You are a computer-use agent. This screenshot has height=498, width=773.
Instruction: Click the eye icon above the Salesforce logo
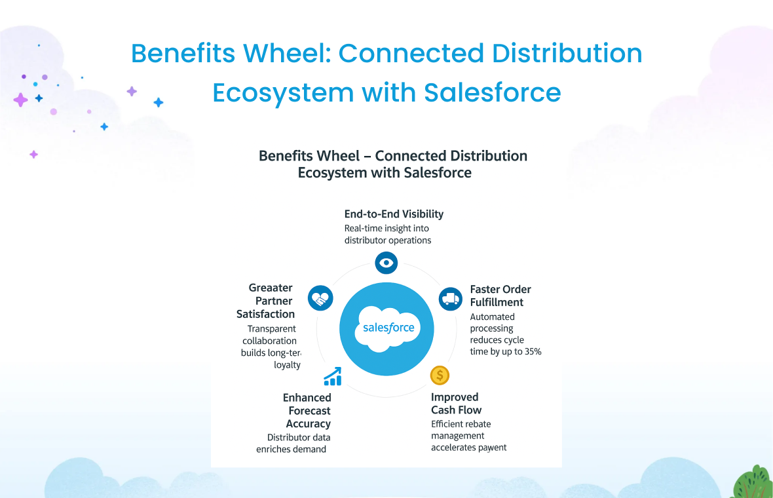(x=387, y=263)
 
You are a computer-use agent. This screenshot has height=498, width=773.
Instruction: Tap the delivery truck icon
(x=450, y=299)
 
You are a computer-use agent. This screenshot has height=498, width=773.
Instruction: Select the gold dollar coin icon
(x=440, y=375)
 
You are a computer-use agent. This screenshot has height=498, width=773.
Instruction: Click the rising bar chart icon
(x=333, y=376)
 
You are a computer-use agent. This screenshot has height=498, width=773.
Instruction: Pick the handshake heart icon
(x=320, y=299)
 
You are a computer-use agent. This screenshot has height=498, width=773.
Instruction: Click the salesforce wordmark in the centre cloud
(x=388, y=327)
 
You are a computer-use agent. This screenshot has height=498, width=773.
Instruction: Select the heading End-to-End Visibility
(x=394, y=214)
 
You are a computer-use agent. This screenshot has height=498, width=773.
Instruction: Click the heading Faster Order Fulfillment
(x=500, y=296)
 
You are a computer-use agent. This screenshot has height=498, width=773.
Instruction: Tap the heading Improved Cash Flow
(x=456, y=404)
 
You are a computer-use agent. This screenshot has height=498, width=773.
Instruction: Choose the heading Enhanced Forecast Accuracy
(x=308, y=411)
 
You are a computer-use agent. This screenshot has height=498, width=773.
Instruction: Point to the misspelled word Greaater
(x=271, y=288)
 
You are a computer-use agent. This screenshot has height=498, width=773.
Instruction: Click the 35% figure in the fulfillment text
(x=532, y=352)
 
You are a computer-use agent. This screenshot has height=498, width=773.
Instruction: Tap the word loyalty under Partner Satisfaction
(x=287, y=365)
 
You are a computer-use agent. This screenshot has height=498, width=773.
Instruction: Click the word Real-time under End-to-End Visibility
(x=365, y=228)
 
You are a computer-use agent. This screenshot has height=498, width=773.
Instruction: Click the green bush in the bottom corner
(x=753, y=484)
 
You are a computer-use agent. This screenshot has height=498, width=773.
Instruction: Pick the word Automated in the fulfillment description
(x=492, y=316)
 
